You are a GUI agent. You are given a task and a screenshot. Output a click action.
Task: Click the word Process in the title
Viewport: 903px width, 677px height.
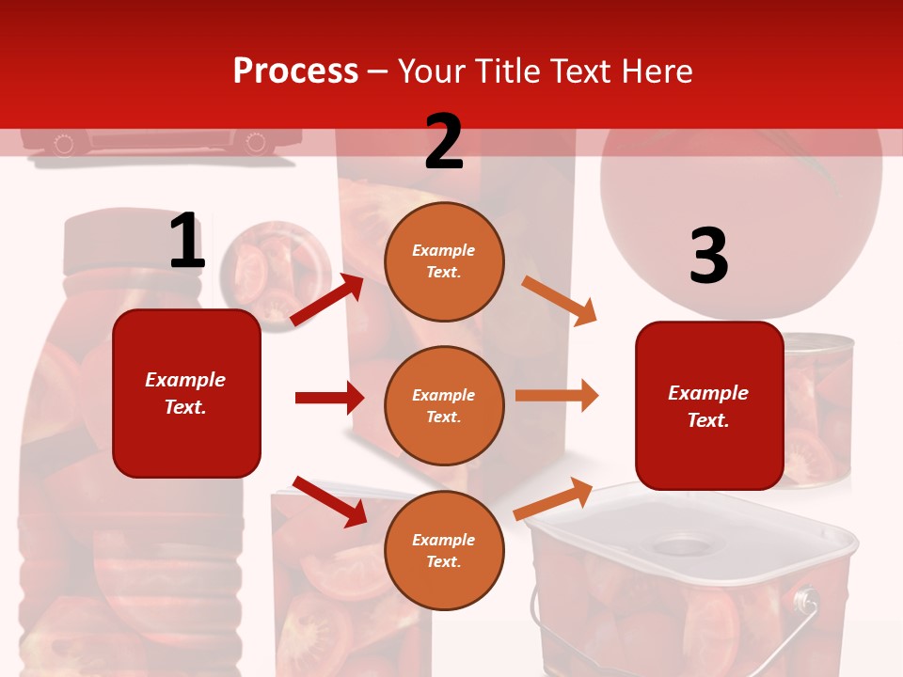(x=295, y=71)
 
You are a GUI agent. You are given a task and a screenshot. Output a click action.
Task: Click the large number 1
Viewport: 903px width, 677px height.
(x=186, y=242)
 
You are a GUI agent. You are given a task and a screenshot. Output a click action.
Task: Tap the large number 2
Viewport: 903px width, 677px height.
(x=444, y=142)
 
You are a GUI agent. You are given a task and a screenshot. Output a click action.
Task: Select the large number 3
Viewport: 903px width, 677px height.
(x=709, y=256)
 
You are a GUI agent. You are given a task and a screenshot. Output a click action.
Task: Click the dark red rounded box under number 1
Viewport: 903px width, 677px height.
(x=186, y=393)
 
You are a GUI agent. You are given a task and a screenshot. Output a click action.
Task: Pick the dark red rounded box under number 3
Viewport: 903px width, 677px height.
(x=709, y=405)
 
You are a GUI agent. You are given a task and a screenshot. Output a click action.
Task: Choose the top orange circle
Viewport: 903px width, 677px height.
(x=444, y=261)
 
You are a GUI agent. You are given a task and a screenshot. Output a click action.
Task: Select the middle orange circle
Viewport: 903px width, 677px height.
(x=444, y=405)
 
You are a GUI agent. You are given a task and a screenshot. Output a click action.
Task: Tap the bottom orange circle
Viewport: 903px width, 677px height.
(x=444, y=550)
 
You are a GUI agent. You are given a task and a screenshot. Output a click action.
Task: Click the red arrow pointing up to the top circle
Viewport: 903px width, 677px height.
(x=326, y=300)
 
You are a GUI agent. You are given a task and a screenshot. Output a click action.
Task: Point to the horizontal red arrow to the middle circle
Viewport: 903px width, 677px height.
(x=329, y=398)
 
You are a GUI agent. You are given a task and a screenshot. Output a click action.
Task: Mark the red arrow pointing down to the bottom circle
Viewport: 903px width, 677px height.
(x=329, y=501)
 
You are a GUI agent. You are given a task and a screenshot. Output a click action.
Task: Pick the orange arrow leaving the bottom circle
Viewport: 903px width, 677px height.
(x=554, y=498)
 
